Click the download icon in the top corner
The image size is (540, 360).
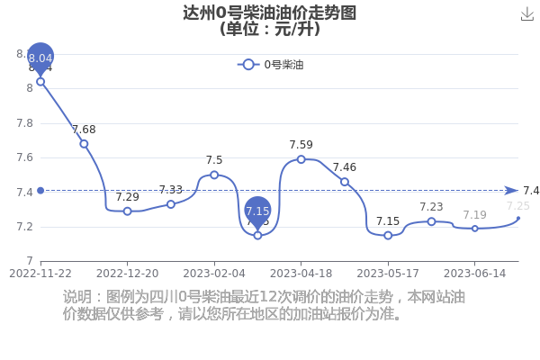(526, 14)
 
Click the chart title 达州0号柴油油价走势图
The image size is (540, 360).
(269, 13)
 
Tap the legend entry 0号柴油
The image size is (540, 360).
(270, 65)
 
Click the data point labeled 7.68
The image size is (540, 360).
(84, 144)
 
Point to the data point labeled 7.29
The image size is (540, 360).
(128, 211)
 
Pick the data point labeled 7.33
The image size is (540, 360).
(171, 204)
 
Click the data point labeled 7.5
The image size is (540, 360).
(214, 175)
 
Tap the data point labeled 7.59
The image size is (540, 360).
(301, 159)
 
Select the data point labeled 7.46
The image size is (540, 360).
(345, 182)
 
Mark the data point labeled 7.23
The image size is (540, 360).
(431, 221)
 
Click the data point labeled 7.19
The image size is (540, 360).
(475, 229)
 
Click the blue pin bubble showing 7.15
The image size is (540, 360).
(257, 211)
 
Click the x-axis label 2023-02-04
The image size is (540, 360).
(214, 274)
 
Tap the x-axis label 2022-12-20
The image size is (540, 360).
(128, 274)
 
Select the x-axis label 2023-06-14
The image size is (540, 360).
(474, 274)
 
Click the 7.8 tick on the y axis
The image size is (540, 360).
(25, 123)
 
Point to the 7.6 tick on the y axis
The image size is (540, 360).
(25, 157)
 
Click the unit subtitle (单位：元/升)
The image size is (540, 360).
(270, 29)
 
